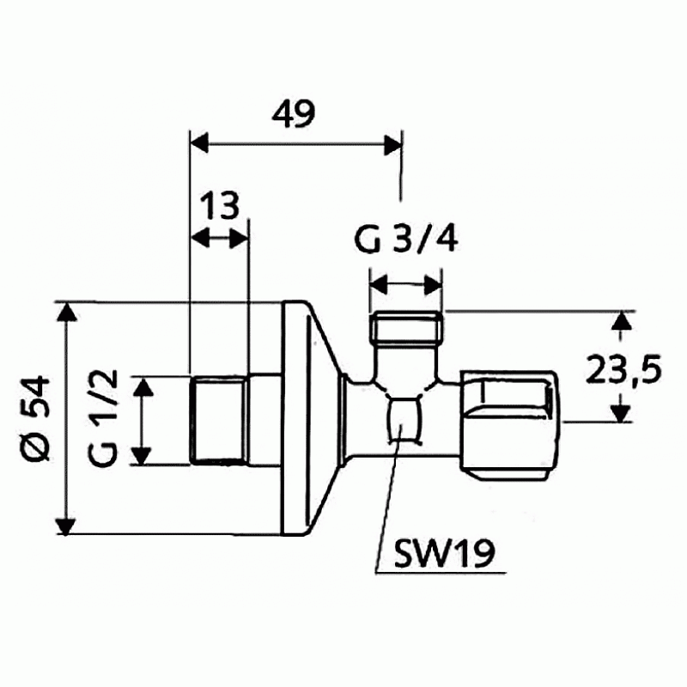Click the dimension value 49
(x=293, y=114)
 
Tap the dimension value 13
(x=220, y=205)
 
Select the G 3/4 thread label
(x=405, y=240)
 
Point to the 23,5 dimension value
(x=623, y=368)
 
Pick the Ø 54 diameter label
(x=37, y=418)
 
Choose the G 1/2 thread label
(x=103, y=418)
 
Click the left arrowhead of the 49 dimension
(x=199, y=143)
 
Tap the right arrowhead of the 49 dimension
(x=392, y=144)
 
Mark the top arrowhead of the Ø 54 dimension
(x=67, y=312)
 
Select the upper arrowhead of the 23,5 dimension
(x=621, y=319)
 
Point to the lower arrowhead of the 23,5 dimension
(x=621, y=413)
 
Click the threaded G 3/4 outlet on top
(x=406, y=326)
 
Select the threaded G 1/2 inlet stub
(x=219, y=420)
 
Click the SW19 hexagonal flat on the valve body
(x=405, y=418)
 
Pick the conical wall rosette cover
(x=313, y=418)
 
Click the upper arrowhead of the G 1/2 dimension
(x=143, y=388)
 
